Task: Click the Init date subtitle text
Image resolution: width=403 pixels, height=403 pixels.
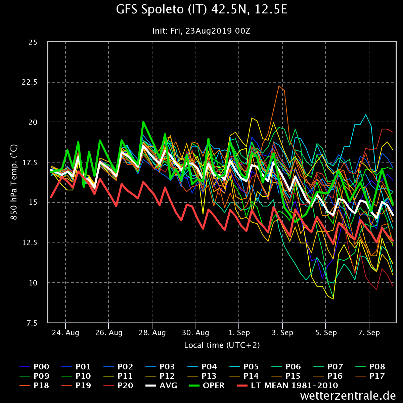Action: point(201,31)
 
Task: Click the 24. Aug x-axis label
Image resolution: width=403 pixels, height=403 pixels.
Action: point(65,333)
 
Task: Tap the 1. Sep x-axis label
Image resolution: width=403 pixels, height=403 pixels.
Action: point(239,333)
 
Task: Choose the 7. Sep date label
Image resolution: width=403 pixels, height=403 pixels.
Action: point(369,333)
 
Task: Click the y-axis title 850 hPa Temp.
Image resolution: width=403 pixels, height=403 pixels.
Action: point(14,182)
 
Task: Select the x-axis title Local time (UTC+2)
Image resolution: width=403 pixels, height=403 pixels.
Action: point(222,345)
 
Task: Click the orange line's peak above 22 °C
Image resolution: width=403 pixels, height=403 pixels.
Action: point(279,86)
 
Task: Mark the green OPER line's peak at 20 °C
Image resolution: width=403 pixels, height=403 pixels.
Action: point(143,122)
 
